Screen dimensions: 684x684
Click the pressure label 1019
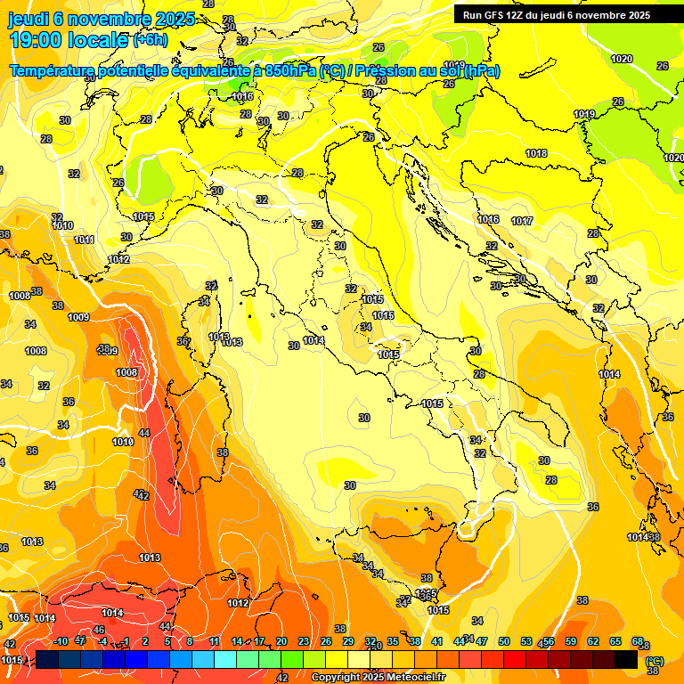click(583, 114)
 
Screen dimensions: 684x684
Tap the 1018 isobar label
click(536, 153)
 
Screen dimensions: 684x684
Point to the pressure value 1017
click(522, 221)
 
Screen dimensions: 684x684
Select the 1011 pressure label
click(85, 240)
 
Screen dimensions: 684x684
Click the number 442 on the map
click(142, 495)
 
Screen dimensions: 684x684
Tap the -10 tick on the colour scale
click(60, 641)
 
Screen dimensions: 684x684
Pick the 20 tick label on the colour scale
click(281, 641)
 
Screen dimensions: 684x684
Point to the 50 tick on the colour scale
click(504, 641)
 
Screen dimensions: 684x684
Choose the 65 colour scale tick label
click(615, 641)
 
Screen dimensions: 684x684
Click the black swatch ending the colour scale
click(626, 658)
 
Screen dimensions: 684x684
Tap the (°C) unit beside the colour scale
click(654, 660)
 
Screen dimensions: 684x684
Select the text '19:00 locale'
click(68, 40)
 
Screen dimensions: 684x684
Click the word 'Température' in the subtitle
click(55, 71)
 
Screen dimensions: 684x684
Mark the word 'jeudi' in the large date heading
click(28, 19)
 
